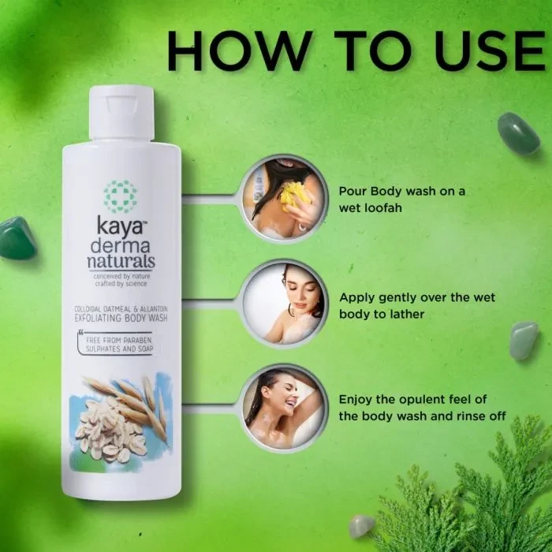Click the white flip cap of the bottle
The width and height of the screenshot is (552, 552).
click(121, 113)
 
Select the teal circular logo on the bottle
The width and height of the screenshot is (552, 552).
click(120, 197)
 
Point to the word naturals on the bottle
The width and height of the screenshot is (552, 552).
click(121, 262)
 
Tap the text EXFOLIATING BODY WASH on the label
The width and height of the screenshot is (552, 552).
click(121, 319)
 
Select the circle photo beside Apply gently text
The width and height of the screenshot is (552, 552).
click(284, 304)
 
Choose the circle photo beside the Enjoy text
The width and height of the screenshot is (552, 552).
click(284, 408)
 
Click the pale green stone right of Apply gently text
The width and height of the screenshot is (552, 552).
click(524, 341)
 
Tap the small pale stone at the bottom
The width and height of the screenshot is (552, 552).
click(362, 526)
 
